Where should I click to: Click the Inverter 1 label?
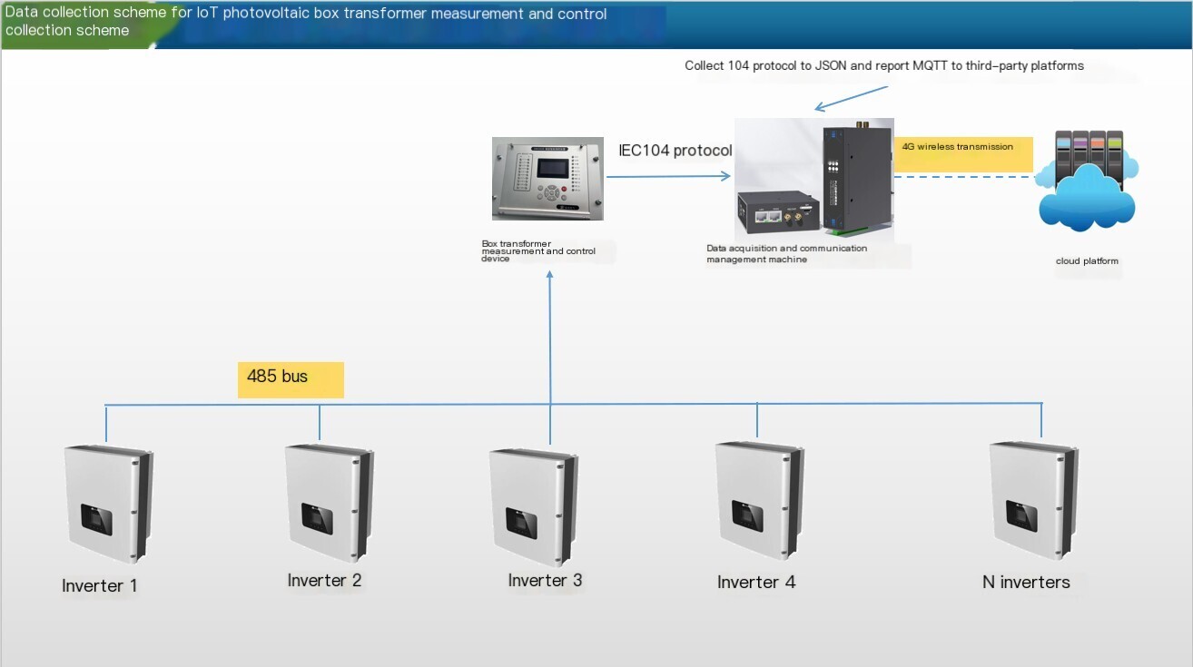(x=100, y=585)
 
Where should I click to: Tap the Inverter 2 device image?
(x=330, y=504)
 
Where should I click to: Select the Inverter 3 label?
(x=545, y=580)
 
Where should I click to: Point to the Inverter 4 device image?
(x=760, y=500)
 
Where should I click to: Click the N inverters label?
(x=1026, y=583)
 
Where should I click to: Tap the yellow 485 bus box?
(x=291, y=379)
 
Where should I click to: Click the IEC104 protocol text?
(x=675, y=151)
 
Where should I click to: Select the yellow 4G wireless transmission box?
(x=963, y=154)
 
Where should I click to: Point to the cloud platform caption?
(x=1087, y=260)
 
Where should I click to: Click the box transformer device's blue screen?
(x=553, y=168)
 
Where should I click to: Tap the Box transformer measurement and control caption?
(x=538, y=250)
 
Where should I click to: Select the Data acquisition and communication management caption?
(x=786, y=254)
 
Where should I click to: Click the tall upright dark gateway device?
(x=856, y=177)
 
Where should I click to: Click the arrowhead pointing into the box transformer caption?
(x=549, y=274)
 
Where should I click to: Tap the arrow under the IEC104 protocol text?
(x=668, y=176)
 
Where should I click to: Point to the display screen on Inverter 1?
(x=96, y=519)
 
